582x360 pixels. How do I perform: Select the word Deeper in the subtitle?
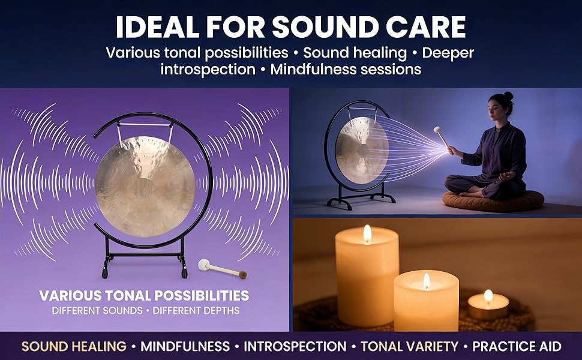pyautogui.click(x=448, y=53)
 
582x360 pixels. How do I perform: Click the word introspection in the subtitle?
pyautogui.click(x=208, y=70)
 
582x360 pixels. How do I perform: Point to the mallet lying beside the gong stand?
pyautogui.click(x=223, y=269)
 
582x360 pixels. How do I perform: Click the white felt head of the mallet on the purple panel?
pyautogui.click(x=203, y=264)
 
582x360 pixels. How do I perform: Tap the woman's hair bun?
pyautogui.click(x=509, y=96)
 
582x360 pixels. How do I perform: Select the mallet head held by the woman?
pyautogui.click(x=437, y=130)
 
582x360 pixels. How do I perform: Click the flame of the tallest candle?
pyautogui.click(x=367, y=233)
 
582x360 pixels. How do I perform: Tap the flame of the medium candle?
pyautogui.click(x=427, y=281)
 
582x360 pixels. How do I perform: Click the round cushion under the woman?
pyautogui.click(x=493, y=202)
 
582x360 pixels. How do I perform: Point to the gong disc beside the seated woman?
pyautogui.click(x=362, y=151)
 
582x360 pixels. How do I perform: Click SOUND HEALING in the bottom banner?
pyautogui.click(x=74, y=346)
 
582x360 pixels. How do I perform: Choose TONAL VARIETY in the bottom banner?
pyautogui.click(x=409, y=346)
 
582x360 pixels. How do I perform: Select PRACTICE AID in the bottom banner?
pyautogui.click(x=517, y=346)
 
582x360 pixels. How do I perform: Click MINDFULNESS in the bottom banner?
pyautogui.click(x=185, y=346)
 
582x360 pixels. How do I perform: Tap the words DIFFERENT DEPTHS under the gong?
pyautogui.click(x=196, y=310)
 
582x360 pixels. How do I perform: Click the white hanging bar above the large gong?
pyautogui.click(x=145, y=124)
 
